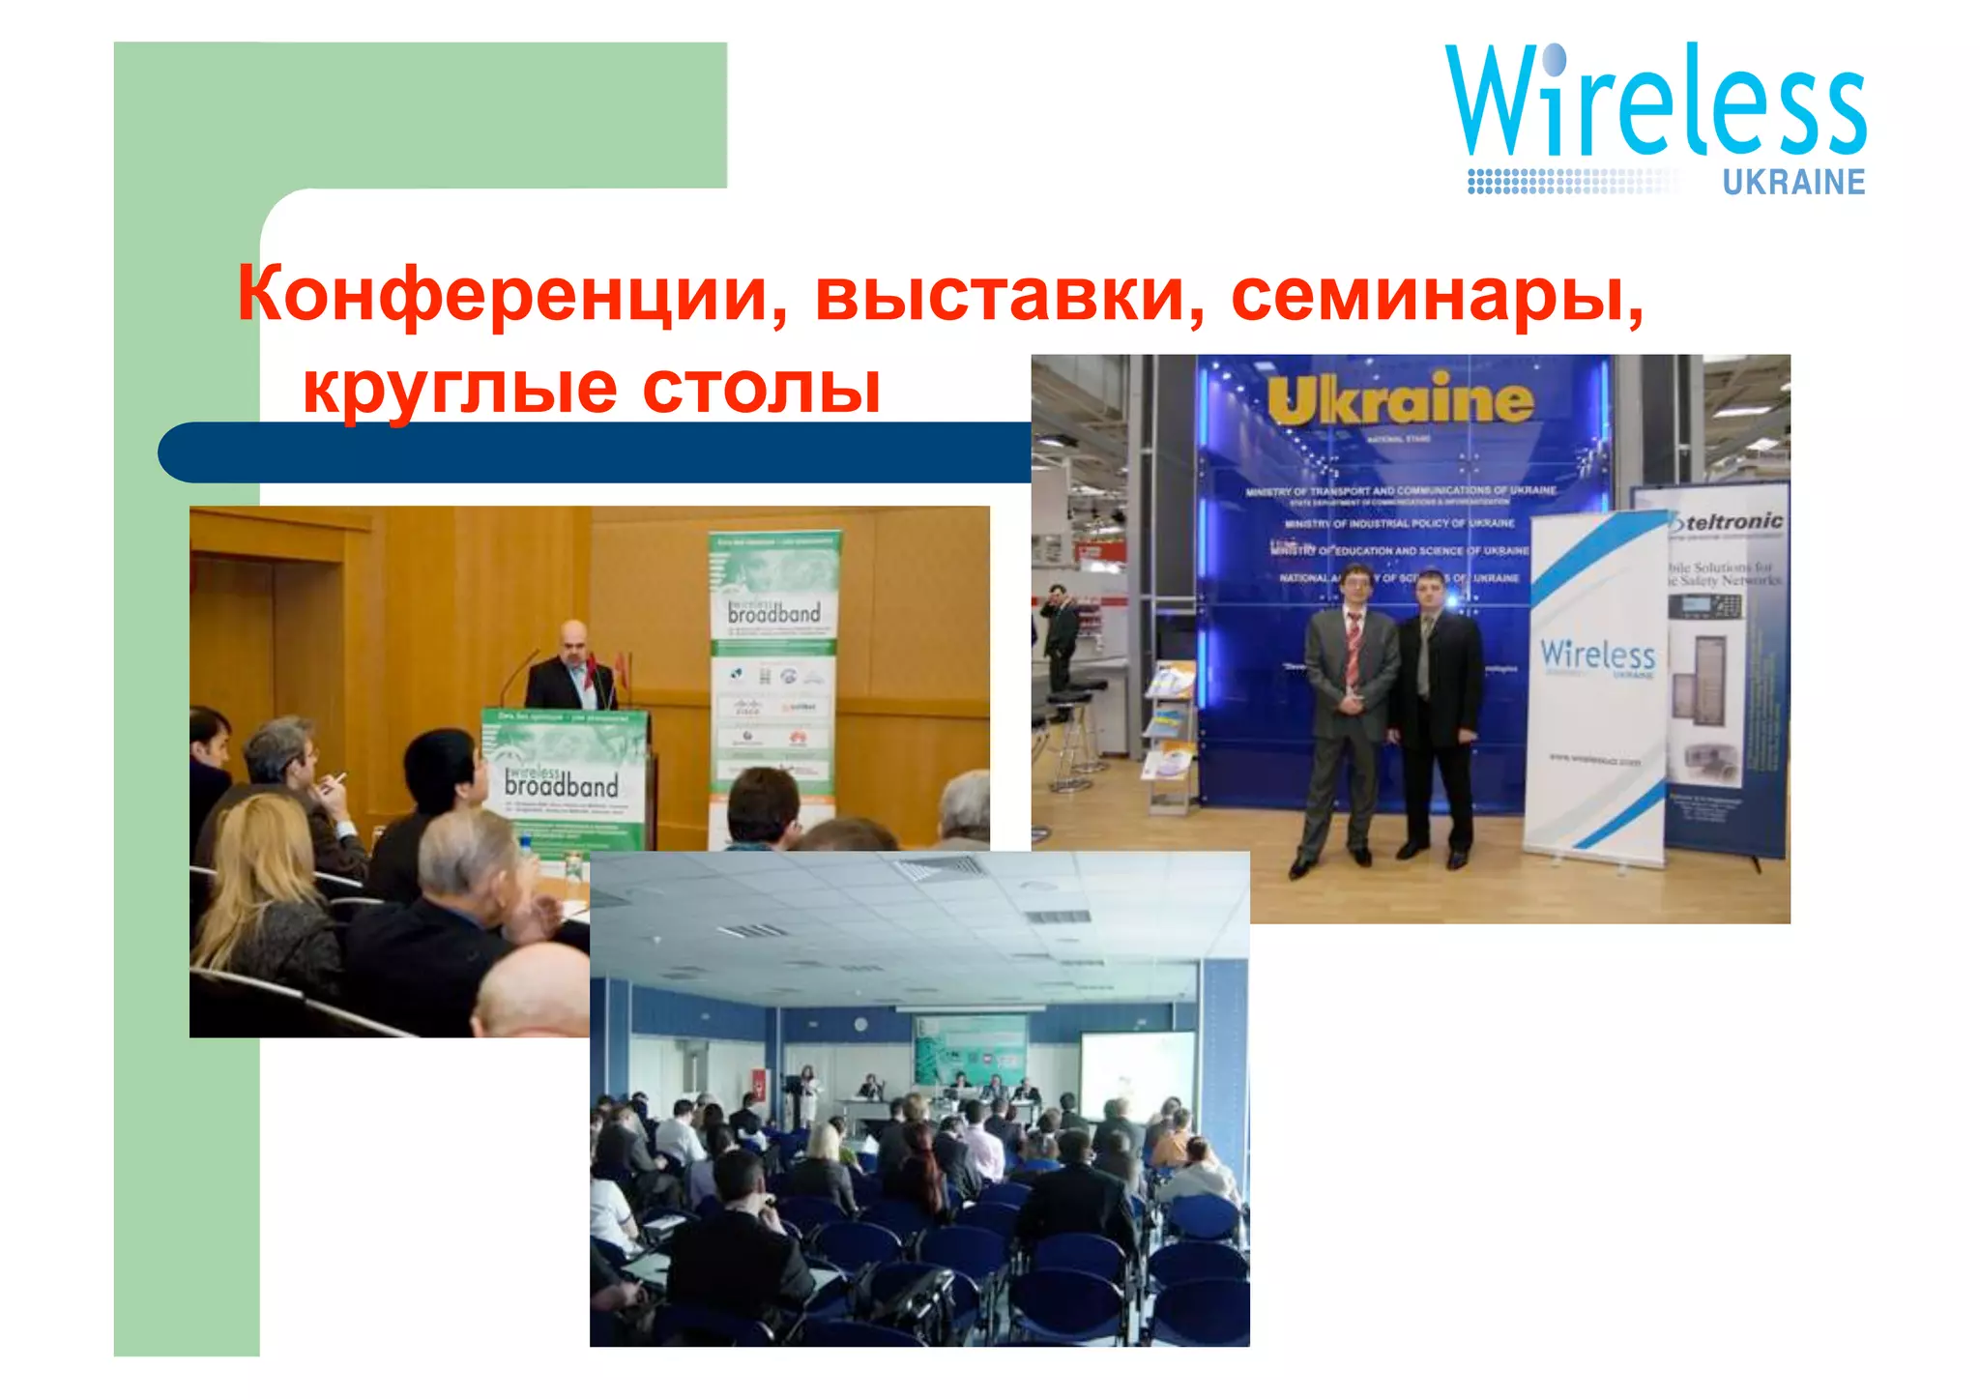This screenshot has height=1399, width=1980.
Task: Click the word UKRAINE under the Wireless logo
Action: tap(1793, 182)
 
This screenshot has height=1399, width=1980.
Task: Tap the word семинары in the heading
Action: tap(1437, 294)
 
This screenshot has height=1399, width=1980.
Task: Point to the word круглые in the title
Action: tap(460, 388)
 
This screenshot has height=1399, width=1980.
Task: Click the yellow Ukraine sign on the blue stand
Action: tap(1400, 400)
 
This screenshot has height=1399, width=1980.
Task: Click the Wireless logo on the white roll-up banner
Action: tap(1597, 656)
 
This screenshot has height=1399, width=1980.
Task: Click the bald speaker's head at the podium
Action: tap(574, 637)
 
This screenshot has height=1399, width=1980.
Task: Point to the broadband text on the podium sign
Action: tap(561, 784)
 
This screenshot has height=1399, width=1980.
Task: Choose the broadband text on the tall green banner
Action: tap(773, 612)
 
